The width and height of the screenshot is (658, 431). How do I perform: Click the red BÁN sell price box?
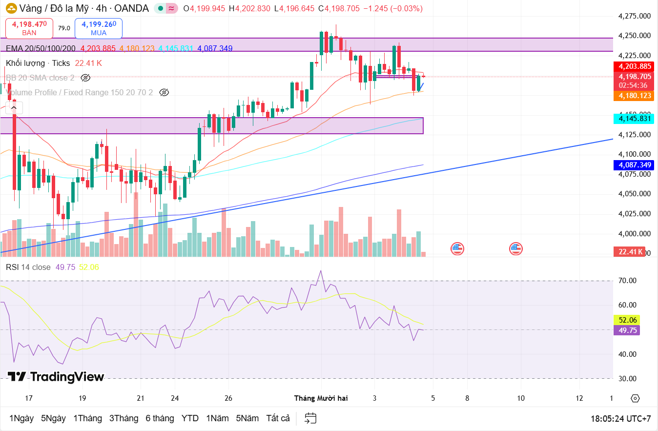pyautogui.click(x=29, y=28)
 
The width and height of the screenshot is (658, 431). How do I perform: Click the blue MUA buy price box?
pyautogui.click(x=98, y=28)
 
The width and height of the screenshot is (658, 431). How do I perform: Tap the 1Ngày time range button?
pyautogui.click(x=21, y=418)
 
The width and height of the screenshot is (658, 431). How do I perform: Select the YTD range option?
pyautogui.click(x=190, y=418)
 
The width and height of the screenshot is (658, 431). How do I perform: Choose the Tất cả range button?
pyautogui.click(x=278, y=418)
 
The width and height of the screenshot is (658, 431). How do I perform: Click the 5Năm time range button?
pyautogui.click(x=247, y=418)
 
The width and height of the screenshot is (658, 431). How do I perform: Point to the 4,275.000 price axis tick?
pyautogui.click(x=634, y=16)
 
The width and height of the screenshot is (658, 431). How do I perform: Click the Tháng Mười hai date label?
pyautogui.click(x=321, y=398)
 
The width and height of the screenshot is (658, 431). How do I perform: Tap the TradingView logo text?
pyautogui.click(x=56, y=377)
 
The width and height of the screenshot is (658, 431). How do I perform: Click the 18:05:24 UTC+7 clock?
pyautogui.click(x=620, y=419)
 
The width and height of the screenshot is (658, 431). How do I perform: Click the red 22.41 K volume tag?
pyautogui.click(x=629, y=252)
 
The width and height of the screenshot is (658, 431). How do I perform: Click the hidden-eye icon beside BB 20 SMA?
pyautogui.click(x=85, y=78)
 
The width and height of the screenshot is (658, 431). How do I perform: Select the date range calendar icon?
pyautogui.click(x=310, y=418)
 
